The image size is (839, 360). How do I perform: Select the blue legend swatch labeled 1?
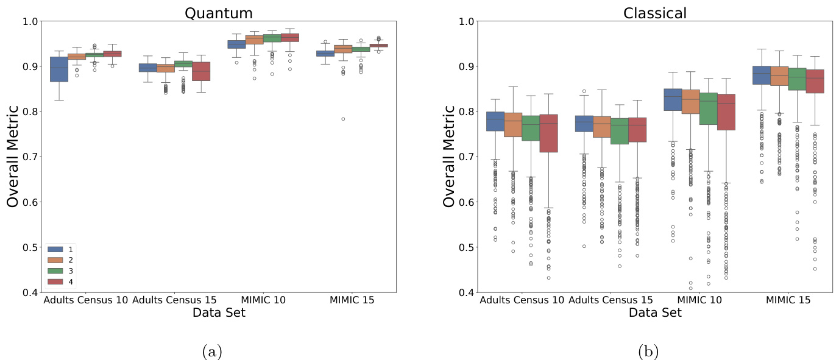(x=56, y=249)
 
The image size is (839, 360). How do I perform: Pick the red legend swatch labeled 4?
(x=56, y=281)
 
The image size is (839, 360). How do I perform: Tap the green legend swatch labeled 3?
(x=56, y=270)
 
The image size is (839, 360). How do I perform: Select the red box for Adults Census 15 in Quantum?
(x=201, y=71)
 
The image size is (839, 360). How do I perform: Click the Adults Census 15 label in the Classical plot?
(x=611, y=300)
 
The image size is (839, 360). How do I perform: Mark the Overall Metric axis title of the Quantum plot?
(x=13, y=157)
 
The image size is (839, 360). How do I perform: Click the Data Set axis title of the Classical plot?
(x=655, y=312)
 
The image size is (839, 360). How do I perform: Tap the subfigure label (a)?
(x=211, y=351)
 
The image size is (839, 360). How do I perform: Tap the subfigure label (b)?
(x=647, y=351)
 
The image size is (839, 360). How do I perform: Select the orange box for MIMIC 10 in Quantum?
(x=254, y=40)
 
